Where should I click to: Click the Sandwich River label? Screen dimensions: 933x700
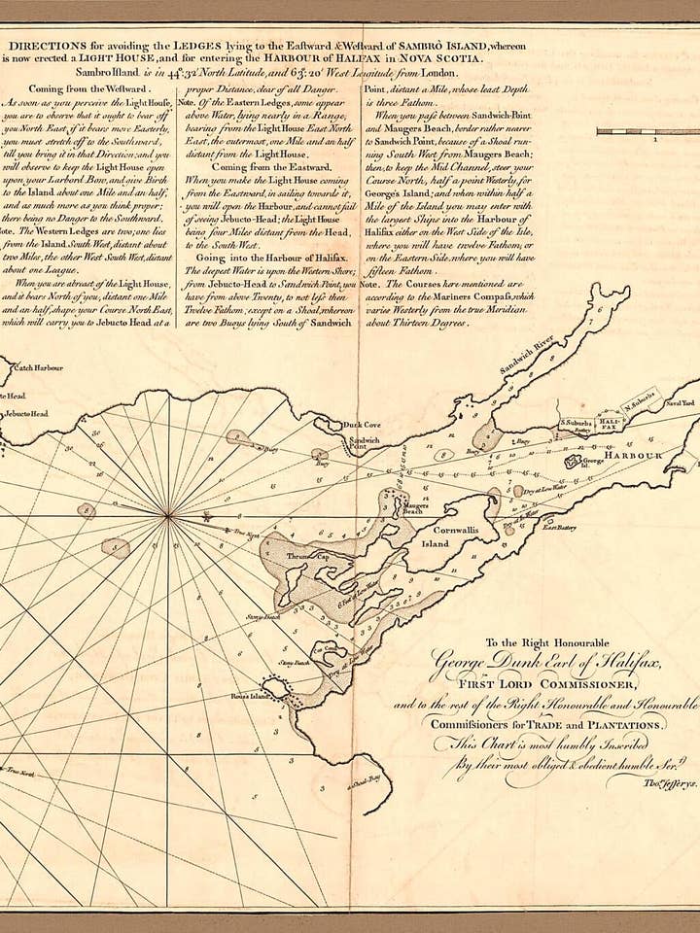526,356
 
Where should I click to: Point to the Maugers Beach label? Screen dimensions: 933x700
416,508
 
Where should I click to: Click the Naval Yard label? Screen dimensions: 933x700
680,400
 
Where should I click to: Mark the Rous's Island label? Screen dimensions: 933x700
246,697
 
